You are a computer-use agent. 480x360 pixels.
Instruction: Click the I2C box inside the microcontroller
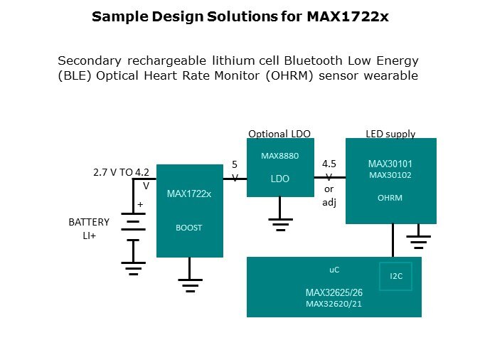[x=396, y=277]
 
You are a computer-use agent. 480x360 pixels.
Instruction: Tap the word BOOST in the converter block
[x=188, y=228]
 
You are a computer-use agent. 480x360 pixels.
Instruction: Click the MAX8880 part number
[x=279, y=156]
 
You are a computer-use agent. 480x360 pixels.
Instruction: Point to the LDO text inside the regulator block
[x=279, y=179]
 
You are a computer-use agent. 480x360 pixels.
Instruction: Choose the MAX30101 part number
[x=389, y=163]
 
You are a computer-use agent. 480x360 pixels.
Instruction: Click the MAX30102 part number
[x=389, y=174]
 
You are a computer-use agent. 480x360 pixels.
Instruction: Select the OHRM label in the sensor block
[x=389, y=198]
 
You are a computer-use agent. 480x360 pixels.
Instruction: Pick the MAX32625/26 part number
[x=333, y=293]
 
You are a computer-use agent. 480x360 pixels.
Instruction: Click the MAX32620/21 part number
[x=333, y=305]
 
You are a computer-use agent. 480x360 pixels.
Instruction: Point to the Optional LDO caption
[x=279, y=134]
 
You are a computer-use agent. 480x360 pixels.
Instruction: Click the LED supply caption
[x=390, y=134]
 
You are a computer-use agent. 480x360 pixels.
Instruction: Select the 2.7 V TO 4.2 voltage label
[x=121, y=172]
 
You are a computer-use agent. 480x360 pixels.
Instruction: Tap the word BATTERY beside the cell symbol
[x=89, y=222]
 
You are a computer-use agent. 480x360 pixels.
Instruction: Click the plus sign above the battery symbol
[x=139, y=204]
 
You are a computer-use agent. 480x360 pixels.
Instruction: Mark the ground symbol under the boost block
[x=189, y=285]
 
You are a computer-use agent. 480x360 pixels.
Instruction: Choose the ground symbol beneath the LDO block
[x=280, y=225]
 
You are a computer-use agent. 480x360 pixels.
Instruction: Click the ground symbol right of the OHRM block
[x=419, y=240]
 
